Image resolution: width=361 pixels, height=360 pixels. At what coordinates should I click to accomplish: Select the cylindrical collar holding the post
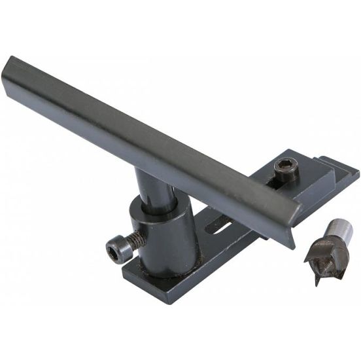click(163, 236)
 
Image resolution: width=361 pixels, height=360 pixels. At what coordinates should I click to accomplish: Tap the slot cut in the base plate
click(219, 229)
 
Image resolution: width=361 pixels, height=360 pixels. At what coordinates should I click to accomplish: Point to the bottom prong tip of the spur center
click(317, 282)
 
